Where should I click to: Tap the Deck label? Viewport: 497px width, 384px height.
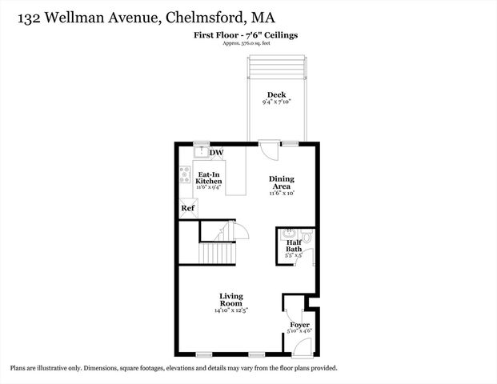(276, 95)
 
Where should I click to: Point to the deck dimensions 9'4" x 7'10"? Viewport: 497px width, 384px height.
(276, 102)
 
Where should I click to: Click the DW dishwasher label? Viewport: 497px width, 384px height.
(217, 153)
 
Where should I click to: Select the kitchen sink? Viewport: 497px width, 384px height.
(201, 151)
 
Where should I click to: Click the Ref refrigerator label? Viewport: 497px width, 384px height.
(187, 209)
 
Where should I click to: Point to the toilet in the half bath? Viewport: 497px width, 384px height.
(309, 238)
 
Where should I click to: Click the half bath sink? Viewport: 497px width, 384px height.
(288, 235)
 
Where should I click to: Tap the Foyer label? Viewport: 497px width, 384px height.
(299, 324)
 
